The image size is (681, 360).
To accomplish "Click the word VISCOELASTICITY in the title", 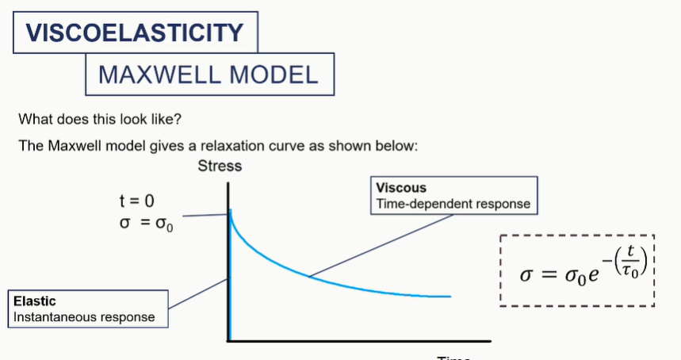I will pyautogui.click(x=134, y=33).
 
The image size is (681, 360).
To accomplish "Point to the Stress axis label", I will pyautogui.click(x=220, y=167).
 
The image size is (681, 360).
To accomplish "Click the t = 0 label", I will pyautogui.click(x=136, y=201).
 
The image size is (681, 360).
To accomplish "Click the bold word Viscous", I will pyautogui.click(x=401, y=188).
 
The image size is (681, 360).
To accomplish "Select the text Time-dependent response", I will pyautogui.click(x=453, y=204).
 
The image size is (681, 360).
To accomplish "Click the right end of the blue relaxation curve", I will pyautogui.click(x=450, y=296).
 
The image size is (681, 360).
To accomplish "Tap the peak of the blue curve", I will pyautogui.click(x=230, y=211).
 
